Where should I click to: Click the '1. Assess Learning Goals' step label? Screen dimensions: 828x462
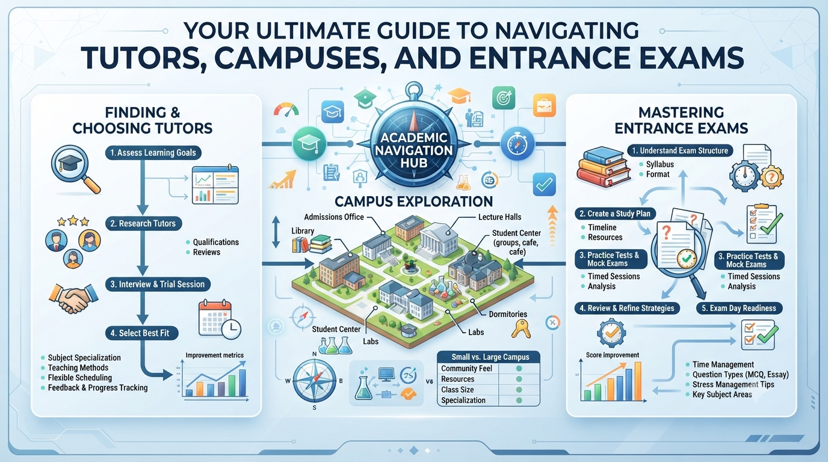pos(153,153)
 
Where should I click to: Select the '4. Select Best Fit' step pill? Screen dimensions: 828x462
pos(142,333)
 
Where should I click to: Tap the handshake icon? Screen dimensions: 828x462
pos(73,298)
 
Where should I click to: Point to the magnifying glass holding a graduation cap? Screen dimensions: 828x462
pos(75,169)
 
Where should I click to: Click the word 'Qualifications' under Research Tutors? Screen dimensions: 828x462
pos(216,242)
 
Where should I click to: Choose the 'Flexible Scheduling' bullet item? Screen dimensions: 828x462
pos(80,378)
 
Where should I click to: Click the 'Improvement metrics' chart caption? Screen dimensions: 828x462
pos(214,355)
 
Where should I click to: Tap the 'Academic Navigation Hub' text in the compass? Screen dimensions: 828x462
pos(413,150)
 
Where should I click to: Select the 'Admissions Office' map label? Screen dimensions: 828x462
pos(334,217)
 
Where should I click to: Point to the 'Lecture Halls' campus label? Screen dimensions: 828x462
pos(500,217)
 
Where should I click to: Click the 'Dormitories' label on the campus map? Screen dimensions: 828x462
pos(508,314)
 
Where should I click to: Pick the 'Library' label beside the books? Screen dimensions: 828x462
pos(303,231)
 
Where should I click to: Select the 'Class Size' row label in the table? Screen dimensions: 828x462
pos(457,390)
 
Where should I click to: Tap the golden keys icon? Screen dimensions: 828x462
pos(521,328)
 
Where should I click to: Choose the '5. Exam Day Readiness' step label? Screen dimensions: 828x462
pos(740,308)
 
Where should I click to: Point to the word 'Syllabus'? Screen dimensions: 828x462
pos(660,164)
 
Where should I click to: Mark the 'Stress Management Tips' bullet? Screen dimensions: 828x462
pos(734,384)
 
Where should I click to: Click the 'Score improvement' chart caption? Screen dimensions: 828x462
pos(613,355)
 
